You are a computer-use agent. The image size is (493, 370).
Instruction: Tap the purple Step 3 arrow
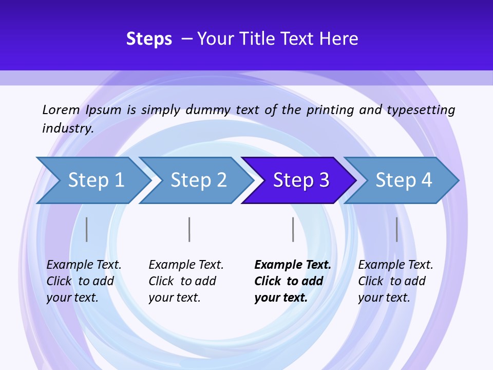click(x=301, y=180)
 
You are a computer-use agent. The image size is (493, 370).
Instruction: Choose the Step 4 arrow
click(x=404, y=180)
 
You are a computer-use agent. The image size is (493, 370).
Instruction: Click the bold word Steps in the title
click(x=149, y=39)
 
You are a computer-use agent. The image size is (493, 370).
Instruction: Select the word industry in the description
click(x=67, y=128)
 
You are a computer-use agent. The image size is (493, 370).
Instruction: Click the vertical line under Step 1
click(x=86, y=229)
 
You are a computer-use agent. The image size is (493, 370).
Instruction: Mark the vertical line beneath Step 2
click(x=189, y=229)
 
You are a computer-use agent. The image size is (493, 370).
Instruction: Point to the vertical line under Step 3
click(x=293, y=229)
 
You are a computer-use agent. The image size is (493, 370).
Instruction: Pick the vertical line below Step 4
click(x=396, y=229)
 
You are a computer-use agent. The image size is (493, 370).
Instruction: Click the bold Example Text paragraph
click(x=292, y=281)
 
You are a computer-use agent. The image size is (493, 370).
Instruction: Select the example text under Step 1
click(x=83, y=281)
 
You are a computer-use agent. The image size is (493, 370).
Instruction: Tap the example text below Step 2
click(x=185, y=281)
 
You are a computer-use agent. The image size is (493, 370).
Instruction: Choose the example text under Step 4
click(x=395, y=281)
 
